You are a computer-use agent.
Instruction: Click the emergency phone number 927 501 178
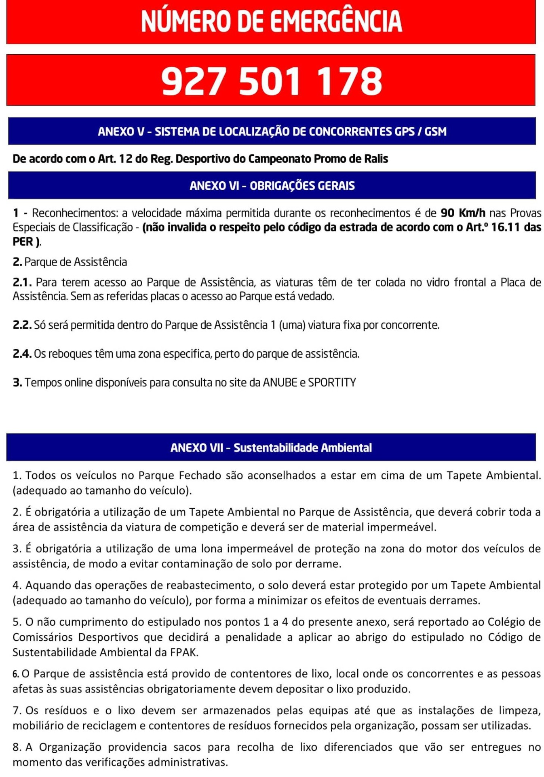272,81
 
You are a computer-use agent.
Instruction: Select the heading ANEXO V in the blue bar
121,132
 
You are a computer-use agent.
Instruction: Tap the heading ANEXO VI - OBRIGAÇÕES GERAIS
272,186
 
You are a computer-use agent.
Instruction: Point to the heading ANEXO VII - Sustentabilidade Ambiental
271,448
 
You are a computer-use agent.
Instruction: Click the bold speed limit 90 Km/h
463,213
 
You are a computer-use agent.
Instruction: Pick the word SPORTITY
332,382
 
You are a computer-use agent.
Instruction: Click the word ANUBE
280,382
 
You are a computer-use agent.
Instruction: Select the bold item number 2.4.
22,354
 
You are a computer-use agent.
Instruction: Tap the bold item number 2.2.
22,325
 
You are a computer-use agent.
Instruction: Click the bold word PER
23,242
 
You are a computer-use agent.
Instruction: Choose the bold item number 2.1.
22,282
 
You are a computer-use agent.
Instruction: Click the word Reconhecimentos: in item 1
75,213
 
